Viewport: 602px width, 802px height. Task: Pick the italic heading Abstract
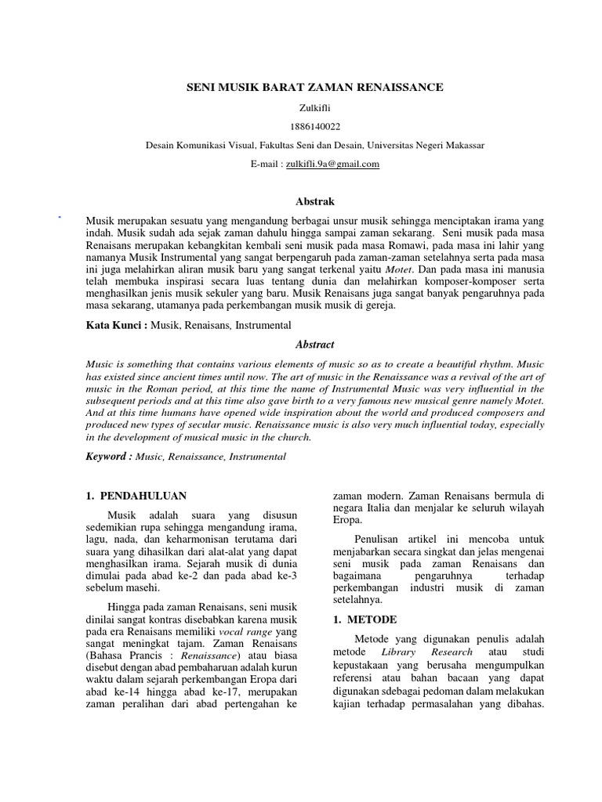click(315, 344)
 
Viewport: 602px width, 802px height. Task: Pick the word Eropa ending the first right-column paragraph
click(348, 521)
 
